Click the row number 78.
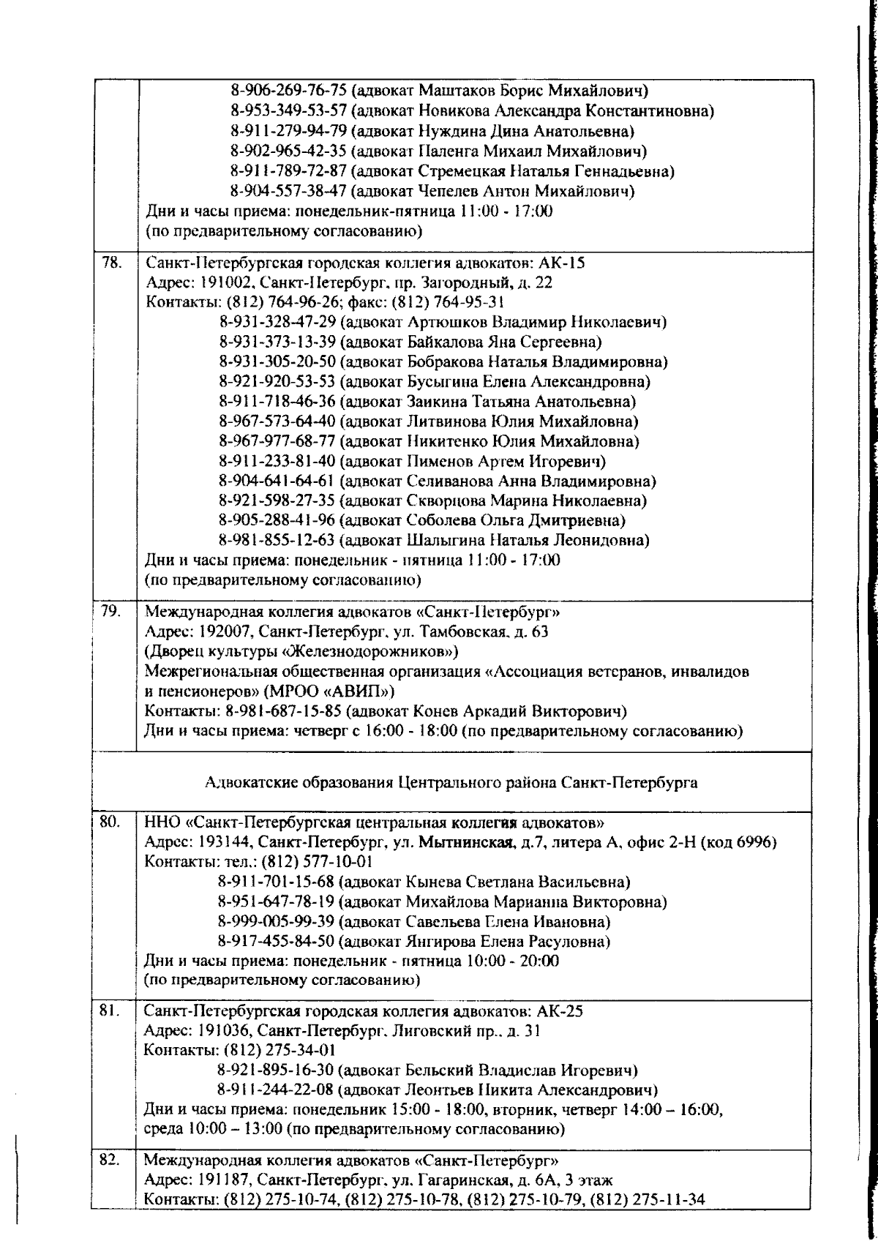click(111, 263)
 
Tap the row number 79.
click(111, 612)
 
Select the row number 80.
click(110, 822)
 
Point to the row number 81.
click(110, 1012)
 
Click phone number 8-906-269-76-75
click(288, 91)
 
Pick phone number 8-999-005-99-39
click(277, 921)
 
